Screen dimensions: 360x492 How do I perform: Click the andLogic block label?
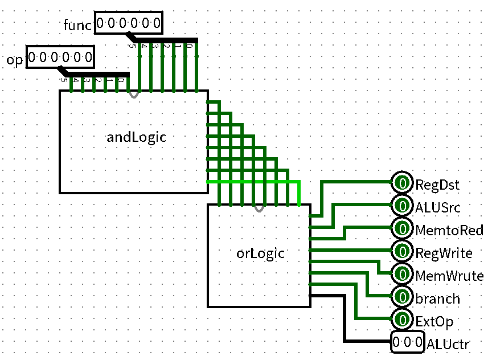coord(136,137)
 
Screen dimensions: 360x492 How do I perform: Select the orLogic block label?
coord(260,252)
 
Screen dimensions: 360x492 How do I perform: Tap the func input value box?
coord(128,23)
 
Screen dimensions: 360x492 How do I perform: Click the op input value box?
coord(59,58)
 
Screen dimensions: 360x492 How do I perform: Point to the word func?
coord(77,25)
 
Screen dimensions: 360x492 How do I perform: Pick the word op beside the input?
coord(15,60)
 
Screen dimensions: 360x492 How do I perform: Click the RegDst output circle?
coord(402,183)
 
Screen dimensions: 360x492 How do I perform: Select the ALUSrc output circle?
coord(402,206)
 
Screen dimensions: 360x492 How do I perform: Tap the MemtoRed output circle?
coord(402,229)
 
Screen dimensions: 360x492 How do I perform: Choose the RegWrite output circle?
coord(402,251)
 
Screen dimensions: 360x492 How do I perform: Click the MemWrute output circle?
coord(402,275)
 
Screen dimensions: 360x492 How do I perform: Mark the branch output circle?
coord(402,297)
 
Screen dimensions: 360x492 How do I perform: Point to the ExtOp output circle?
coord(402,320)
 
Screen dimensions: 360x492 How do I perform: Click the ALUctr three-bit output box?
coord(407,343)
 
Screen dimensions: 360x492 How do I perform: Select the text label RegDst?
coord(437,185)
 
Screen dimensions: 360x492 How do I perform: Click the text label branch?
coord(438,298)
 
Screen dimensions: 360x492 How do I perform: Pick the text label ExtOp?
coord(434,322)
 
